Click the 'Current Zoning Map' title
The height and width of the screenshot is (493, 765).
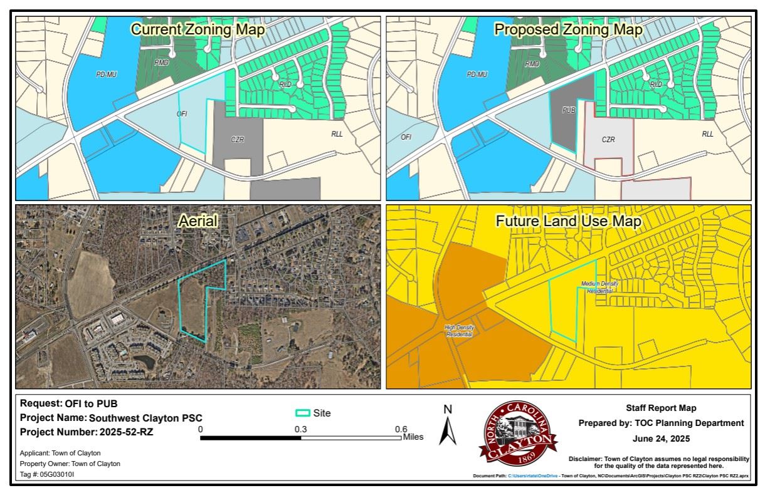tap(197, 29)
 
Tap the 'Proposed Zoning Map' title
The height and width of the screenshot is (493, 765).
tap(568, 29)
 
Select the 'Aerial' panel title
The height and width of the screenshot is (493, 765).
tap(198, 221)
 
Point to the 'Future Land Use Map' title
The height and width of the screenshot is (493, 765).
tap(568, 221)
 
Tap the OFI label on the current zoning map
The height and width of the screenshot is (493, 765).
tap(182, 113)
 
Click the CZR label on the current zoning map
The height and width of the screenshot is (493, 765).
tap(237, 139)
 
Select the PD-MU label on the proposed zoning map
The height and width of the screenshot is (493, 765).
tap(477, 75)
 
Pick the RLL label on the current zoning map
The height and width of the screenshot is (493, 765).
tap(337, 134)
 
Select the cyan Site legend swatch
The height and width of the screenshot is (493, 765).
tap(303, 413)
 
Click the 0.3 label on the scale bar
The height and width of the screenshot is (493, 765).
tap(300, 429)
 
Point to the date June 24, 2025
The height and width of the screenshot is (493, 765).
tap(661, 439)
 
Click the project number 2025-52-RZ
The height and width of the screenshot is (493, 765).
tap(126, 432)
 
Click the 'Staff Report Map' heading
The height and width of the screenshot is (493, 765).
tap(661, 408)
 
